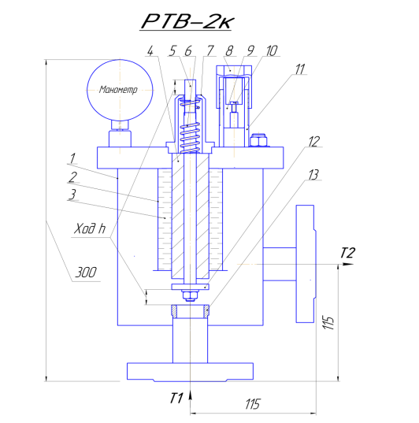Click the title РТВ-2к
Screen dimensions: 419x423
187,21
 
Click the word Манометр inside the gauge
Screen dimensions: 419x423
118,89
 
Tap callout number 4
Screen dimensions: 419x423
150,50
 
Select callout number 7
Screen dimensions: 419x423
210,50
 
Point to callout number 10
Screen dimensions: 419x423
272,50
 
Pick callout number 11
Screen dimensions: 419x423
300,69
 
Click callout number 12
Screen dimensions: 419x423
313,141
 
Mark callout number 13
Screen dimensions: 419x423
313,175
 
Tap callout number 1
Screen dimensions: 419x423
72,158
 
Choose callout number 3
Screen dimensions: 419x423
72,195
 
